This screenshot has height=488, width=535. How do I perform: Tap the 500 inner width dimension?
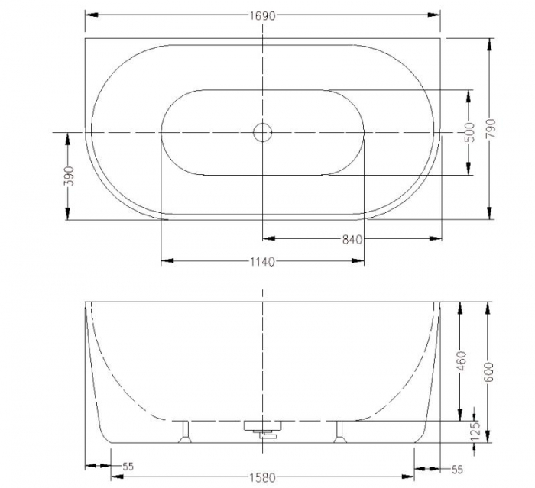click(x=471, y=132)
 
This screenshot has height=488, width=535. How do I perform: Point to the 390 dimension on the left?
click(x=68, y=176)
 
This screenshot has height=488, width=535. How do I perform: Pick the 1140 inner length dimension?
click(x=261, y=262)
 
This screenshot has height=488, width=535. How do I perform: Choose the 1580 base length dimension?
click(x=261, y=479)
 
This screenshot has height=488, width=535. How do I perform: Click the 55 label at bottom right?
click(x=458, y=468)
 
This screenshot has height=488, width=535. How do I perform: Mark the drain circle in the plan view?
click(x=262, y=132)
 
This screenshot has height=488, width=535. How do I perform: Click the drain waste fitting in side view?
click(x=262, y=429)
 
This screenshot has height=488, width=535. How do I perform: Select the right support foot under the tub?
click(x=340, y=431)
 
